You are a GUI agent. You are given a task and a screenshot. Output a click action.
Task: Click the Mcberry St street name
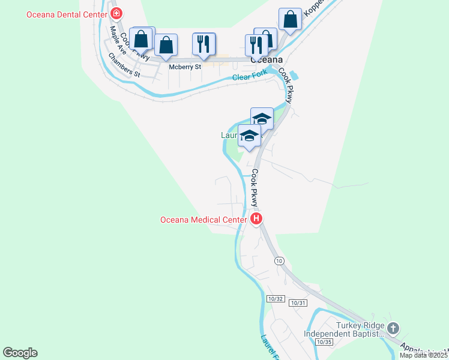[184, 67]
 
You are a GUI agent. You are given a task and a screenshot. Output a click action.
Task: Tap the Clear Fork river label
[249, 76]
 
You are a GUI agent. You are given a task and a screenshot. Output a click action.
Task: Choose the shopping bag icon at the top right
[291, 19]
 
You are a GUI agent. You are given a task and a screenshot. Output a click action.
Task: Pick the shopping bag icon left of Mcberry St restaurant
[166, 44]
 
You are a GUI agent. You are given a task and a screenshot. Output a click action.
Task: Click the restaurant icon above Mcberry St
[203, 44]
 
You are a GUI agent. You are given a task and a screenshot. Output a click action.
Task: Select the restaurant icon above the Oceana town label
[256, 44]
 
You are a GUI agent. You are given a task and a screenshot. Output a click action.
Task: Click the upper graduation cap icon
[262, 118]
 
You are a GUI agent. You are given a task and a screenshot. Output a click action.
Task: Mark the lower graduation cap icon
[250, 136]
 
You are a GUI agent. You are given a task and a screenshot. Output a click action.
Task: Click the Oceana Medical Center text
[203, 220]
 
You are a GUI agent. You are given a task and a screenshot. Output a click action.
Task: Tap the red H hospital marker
[256, 219]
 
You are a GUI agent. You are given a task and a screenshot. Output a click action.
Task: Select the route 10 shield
[279, 260]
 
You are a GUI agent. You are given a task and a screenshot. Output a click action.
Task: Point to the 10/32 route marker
[275, 299]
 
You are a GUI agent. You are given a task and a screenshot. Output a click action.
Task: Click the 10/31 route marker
[298, 303]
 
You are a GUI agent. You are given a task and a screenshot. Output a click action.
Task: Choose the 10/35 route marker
[324, 342]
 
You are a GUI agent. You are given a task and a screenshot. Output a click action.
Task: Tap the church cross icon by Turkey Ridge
[393, 328]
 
